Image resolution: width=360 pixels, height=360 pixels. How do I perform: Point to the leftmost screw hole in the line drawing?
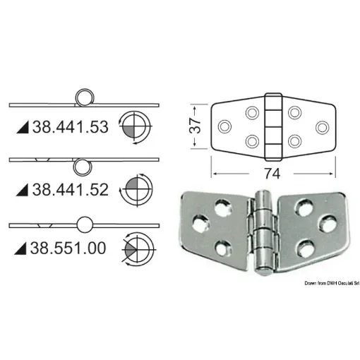[x=225, y=127]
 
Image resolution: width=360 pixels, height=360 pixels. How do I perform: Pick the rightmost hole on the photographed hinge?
[x=327, y=224]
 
